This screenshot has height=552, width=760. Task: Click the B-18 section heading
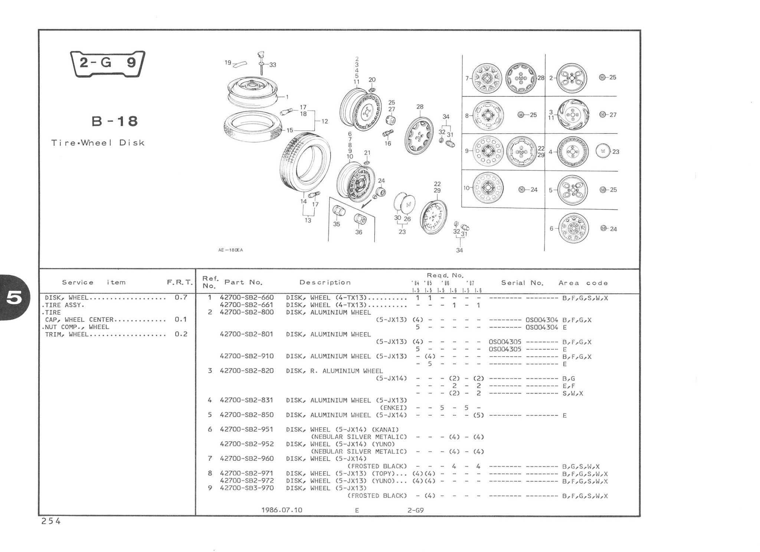click(x=115, y=121)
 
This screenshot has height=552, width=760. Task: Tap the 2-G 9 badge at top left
click(x=108, y=63)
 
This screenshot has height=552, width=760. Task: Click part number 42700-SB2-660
click(x=247, y=298)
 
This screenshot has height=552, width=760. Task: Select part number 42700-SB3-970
click(x=247, y=488)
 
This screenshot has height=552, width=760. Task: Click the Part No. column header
click(x=243, y=282)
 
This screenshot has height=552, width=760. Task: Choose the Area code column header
click(x=583, y=283)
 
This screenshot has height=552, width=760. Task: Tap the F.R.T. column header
click(x=180, y=282)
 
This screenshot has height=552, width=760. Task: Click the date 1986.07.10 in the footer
click(x=282, y=510)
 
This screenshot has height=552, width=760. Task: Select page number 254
click(x=51, y=522)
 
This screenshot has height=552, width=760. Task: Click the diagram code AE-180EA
click(x=230, y=250)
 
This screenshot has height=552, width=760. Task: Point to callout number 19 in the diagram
click(x=228, y=63)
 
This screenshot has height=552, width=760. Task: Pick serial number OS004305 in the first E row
click(x=505, y=349)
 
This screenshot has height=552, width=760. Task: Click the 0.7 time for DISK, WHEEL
click(x=181, y=297)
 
